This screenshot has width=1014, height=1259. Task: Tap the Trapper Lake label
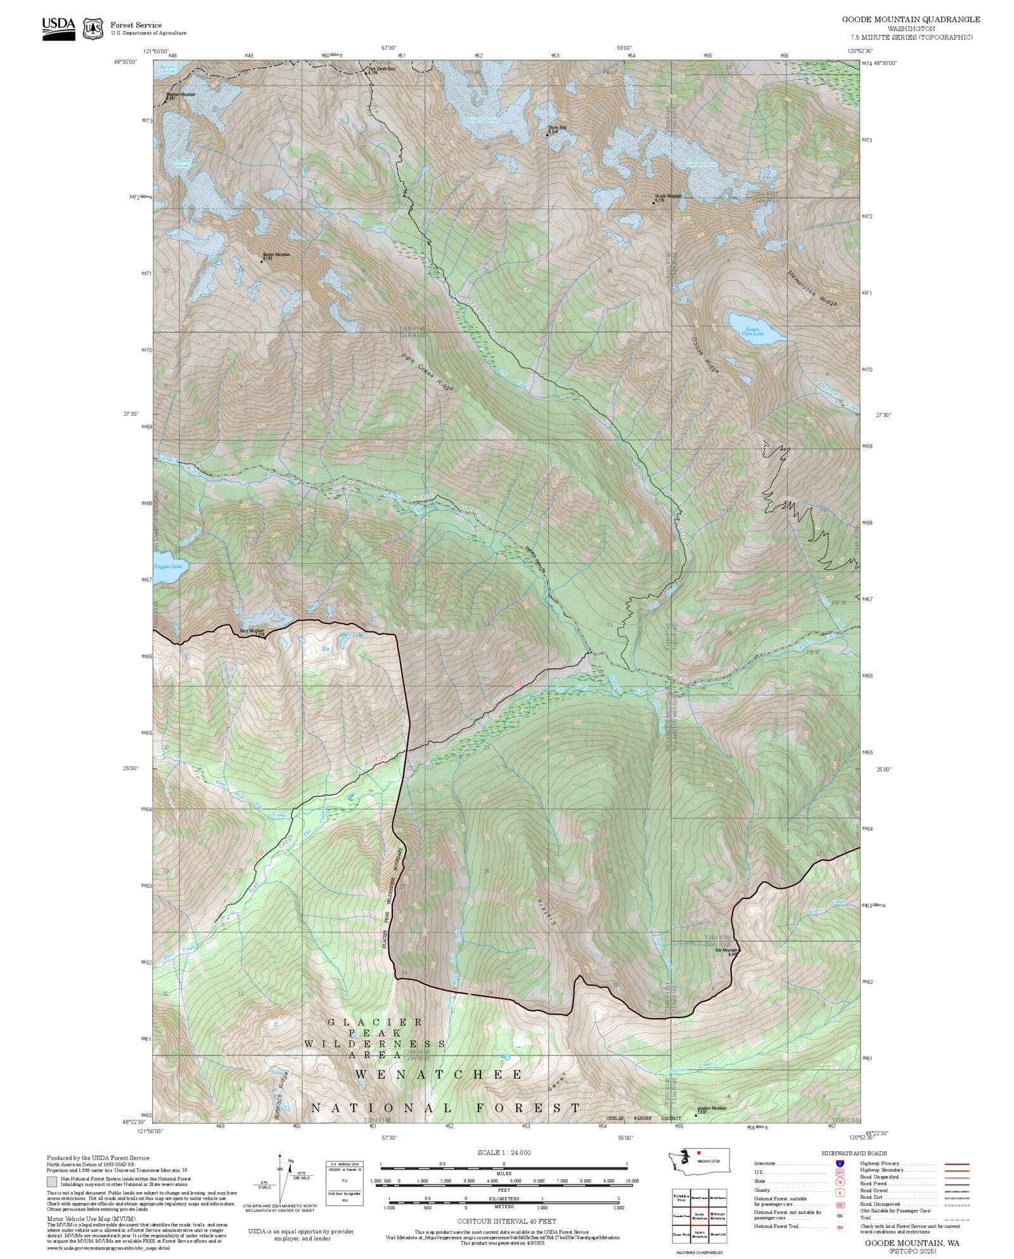167,566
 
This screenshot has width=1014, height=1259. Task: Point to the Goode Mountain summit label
668,196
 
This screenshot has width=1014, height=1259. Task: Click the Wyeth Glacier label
484,120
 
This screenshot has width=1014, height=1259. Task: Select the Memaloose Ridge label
812,289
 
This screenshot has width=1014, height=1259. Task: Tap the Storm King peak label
557,128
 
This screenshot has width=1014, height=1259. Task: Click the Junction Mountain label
711,1109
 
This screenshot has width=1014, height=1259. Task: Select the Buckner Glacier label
182,163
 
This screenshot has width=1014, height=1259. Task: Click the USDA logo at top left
58,29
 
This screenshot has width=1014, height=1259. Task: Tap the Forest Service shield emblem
94,29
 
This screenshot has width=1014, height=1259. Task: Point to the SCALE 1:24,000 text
504,1152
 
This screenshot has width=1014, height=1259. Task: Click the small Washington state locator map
700,1161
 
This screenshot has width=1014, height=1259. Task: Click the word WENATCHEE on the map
439,1075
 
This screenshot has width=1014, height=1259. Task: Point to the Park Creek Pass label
381,69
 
